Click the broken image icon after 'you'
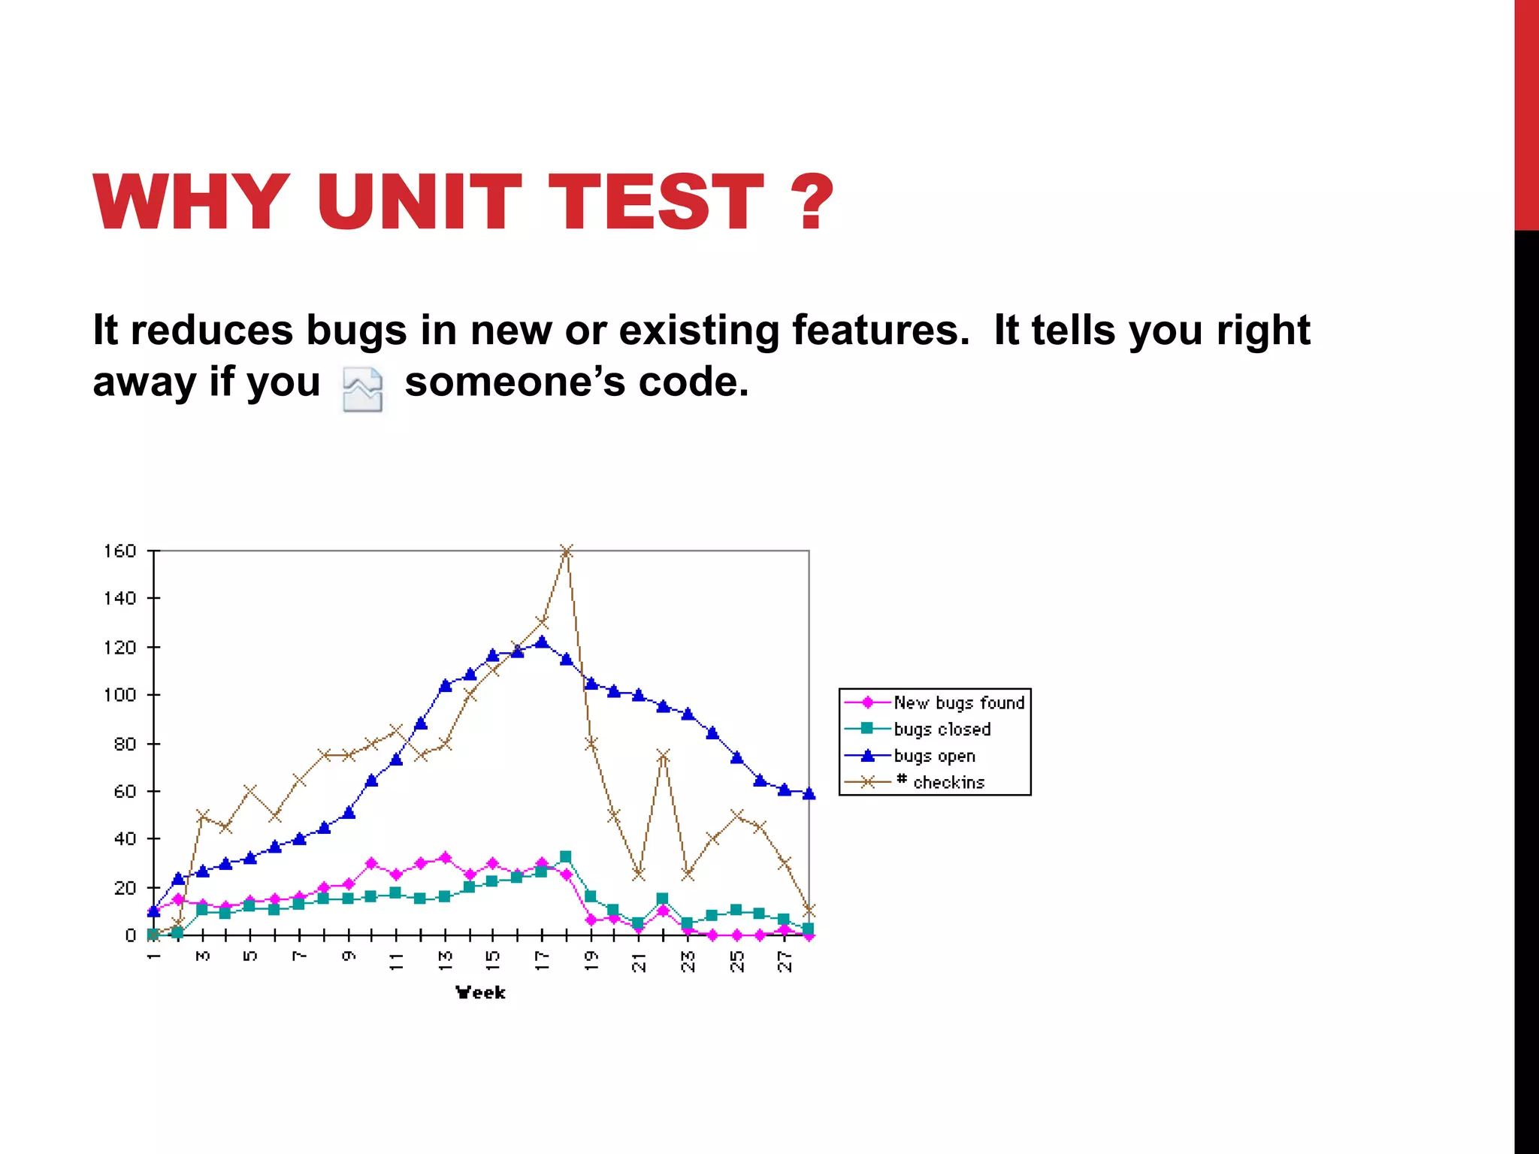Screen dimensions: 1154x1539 click(362, 389)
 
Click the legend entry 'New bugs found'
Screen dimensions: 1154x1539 click(958, 702)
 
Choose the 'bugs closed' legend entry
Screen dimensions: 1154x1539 click(942, 729)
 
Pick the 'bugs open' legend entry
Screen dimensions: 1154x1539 click(934, 756)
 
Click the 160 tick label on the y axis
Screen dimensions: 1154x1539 click(119, 551)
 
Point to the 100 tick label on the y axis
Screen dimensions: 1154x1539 click(119, 695)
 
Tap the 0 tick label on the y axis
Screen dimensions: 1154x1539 click(130, 935)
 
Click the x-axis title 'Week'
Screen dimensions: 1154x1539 click(480, 992)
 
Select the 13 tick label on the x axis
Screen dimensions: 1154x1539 click(446, 961)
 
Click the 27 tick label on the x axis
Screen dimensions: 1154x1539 click(785, 961)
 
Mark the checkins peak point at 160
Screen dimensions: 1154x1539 click(567, 551)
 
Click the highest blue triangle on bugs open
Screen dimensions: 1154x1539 click(542, 642)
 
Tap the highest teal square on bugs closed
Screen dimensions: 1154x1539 click(566, 856)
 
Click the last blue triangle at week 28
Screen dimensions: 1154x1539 click(809, 793)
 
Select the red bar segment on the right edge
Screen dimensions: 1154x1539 click(1526, 113)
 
